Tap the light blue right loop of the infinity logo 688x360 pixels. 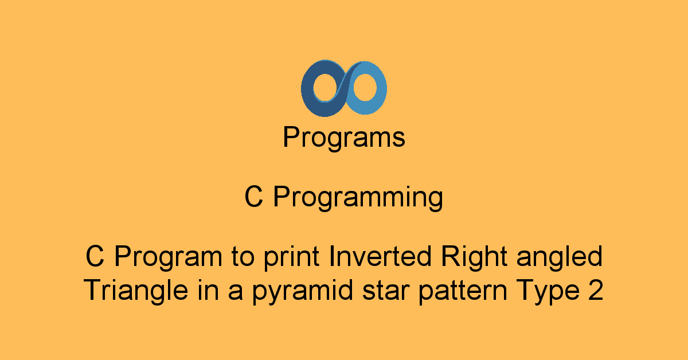tap(380, 89)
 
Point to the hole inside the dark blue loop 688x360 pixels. tap(326, 87)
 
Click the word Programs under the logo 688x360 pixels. tap(344, 138)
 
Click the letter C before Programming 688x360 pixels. tap(253, 196)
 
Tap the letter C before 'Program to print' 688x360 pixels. tap(95, 256)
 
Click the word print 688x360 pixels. tap(291, 258)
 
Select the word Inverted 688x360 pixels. tap(380, 256)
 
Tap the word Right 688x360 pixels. tap(474, 257)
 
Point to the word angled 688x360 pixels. tap(560, 257)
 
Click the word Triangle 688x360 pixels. tap(135, 291)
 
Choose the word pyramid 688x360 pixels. tap(303, 291)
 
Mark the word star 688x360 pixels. tap(386, 291)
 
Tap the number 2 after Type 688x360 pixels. tap(596, 289)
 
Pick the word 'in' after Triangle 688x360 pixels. tap(208, 289)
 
